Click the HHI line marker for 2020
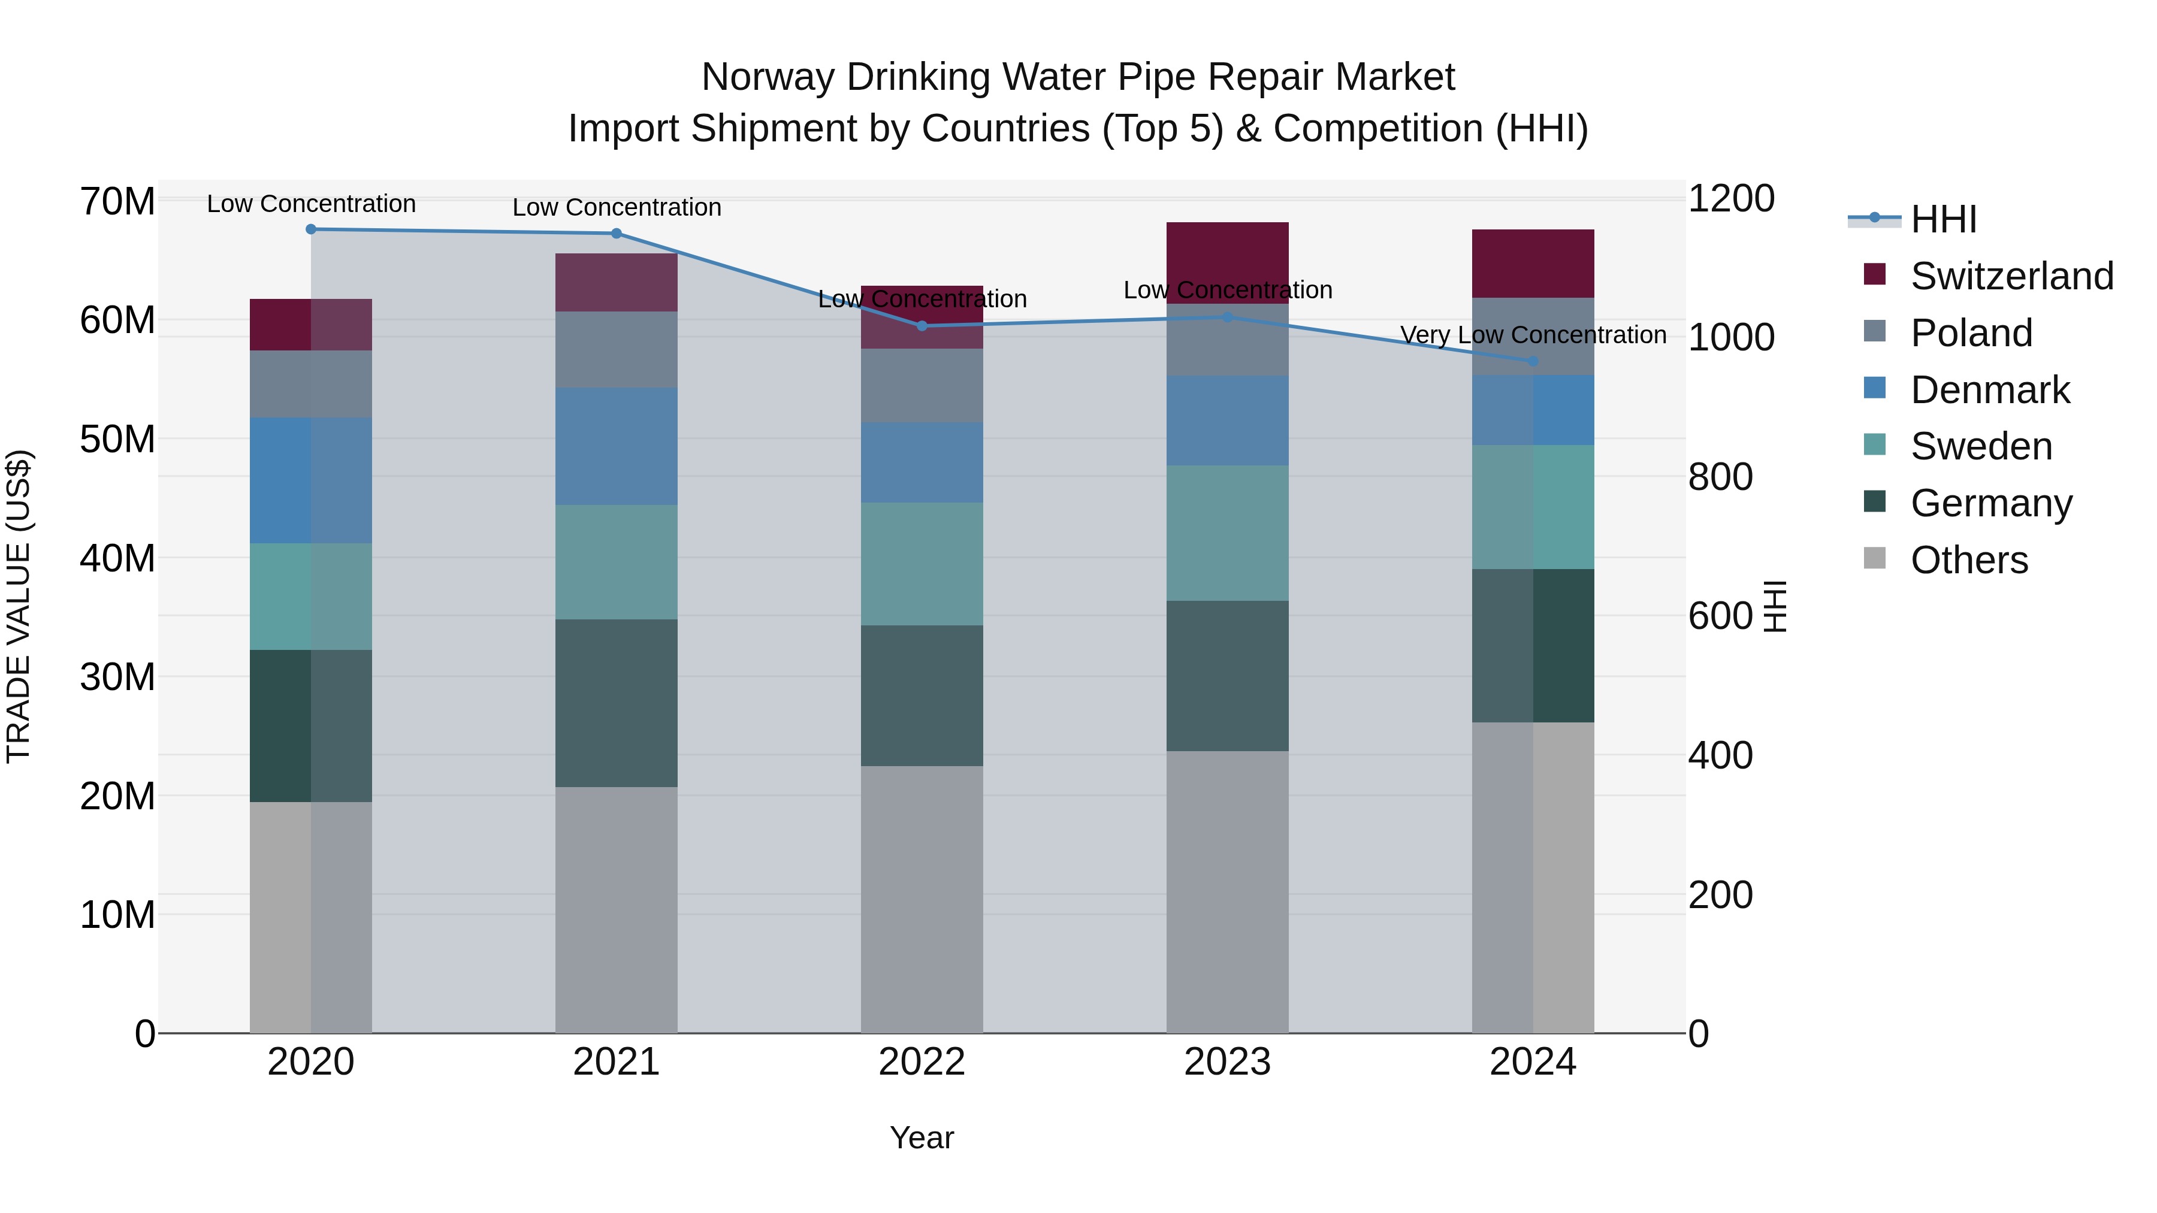pos(310,229)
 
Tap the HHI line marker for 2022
pos(922,326)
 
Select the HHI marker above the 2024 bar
pos(1533,362)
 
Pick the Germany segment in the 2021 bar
pos(617,703)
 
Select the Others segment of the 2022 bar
pos(922,899)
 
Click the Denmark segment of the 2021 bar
pos(617,446)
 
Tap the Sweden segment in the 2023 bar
pos(1228,533)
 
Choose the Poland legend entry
pos(1971,333)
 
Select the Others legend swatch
pos(1875,558)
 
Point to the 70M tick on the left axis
pos(117,202)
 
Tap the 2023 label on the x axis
pos(1228,1062)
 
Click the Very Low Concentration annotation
pos(1533,335)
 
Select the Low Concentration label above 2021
pos(617,208)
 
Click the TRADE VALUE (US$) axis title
pos(19,606)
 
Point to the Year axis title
pos(922,1138)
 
